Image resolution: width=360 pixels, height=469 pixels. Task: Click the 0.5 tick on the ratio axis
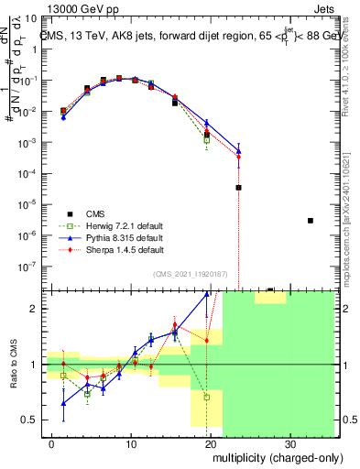pyautogui.click(x=33, y=420)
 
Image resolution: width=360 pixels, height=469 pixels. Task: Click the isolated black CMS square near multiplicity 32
pyautogui.click(x=311, y=220)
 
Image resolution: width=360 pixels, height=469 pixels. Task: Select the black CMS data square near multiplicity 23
pyautogui.click(x=238, y=187)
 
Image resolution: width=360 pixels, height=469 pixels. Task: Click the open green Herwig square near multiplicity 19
pyautogui.click(x=207, y=140)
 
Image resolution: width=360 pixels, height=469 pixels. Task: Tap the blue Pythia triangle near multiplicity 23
pyautogui.click(x=238, y=150)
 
